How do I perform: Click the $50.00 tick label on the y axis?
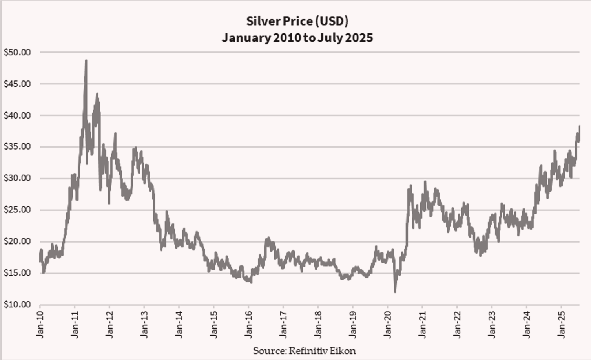(x=17, y=52)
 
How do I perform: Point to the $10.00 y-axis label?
(x=17, y=305)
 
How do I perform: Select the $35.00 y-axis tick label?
(x=17, y=147)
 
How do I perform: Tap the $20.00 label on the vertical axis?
(x=17, y=241)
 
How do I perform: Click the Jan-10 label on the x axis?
(x=40, y=324)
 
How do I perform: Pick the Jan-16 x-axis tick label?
(x=248, y=324)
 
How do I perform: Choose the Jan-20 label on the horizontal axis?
(x=387, y=324)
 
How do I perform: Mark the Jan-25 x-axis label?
(x=561, y=324)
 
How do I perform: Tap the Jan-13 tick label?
(x=144, y=324)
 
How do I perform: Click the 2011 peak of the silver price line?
(x=86, y=60)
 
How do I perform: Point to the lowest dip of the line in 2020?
(x=395, y=292)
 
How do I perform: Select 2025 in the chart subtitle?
(x=359, y=38)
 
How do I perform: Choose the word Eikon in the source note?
(x=345, y=350)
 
